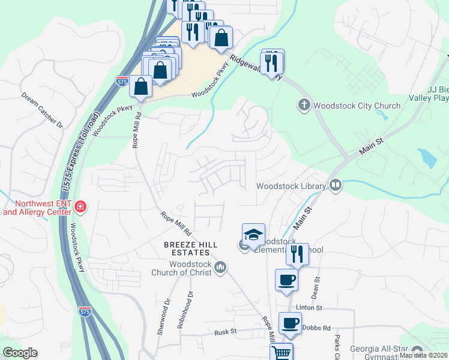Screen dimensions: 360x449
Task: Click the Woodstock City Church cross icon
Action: [304, 106]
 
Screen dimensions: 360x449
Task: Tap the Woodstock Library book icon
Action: [335, 185]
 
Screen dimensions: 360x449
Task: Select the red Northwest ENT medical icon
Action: [80, 208]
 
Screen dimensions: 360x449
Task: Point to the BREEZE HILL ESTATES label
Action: [190, 249]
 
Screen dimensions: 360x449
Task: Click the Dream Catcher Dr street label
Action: [42, 109]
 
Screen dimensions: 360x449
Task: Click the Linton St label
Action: [310, 307]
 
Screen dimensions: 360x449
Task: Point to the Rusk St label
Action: [227, 331]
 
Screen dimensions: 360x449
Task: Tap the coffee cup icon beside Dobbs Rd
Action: [291, 323]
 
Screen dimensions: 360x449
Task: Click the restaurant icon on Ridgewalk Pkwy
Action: [273, 61]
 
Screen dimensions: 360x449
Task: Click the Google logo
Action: [20, 353]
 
